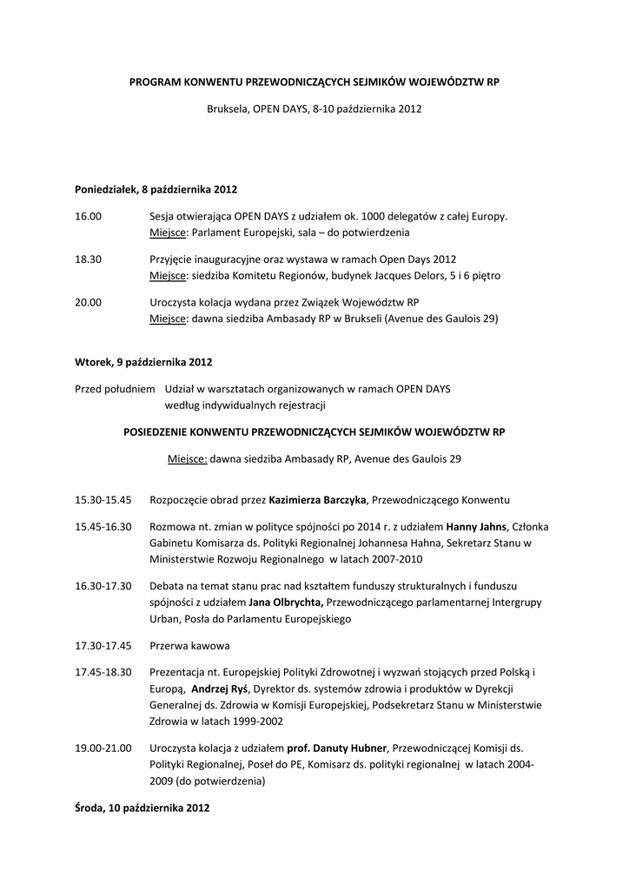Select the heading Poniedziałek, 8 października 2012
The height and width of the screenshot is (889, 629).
pyautogui.click(x=156, y=188)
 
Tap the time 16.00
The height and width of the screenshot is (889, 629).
pyautogui.click(x=88, y=216)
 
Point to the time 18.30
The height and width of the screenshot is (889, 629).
pyautogui.click(x=88, y=260)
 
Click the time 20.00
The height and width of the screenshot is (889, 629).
pyautogui.click(x=88, y=303)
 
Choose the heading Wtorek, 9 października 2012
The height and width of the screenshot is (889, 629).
pyautogui.click(x=143, y=361)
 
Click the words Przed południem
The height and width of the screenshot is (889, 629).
pyautogui.click(x=115, y=389)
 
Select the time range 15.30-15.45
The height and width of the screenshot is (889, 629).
pyautogui.click(x=103, y=500)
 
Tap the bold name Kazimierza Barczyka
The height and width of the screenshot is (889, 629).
pyautogui.click(x=319, y=500)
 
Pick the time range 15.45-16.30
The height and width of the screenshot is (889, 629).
pyautogui.click(x=103, y=527)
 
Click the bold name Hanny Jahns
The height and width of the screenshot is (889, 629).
pyautogui.click(x=475, y=527)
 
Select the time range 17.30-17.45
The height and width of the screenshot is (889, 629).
pyautogui.click(x=103, y=646)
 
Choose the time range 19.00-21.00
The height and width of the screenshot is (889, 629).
pyautogui.click(x=103, y=747)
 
